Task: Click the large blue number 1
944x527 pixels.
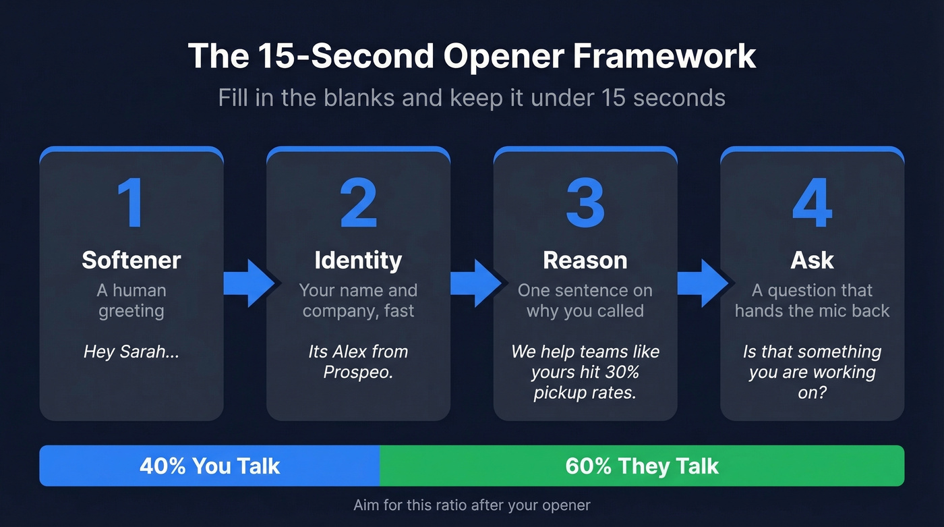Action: [131, 203]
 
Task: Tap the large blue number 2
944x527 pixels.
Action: [358, 203]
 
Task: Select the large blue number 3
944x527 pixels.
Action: [585, 203]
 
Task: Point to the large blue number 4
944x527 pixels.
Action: [812, 203]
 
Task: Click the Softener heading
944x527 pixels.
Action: [131, 260]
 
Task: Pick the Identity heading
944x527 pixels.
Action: [358, 260]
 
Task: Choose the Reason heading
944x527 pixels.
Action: [585, 260]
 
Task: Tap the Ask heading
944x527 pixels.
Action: [812, 260]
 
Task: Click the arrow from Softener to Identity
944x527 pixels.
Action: [248, 283]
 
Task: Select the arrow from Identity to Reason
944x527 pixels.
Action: [475, 283]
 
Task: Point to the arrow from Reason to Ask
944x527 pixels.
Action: [702, 283]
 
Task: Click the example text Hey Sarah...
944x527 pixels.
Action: [131, 352]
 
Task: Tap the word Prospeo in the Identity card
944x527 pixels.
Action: [358, 372]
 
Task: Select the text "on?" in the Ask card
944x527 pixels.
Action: [812, 393]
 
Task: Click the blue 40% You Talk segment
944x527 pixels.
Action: [210, 466]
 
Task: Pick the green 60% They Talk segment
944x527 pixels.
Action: [641, 466]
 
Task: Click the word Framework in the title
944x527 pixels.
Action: [664, 56]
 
